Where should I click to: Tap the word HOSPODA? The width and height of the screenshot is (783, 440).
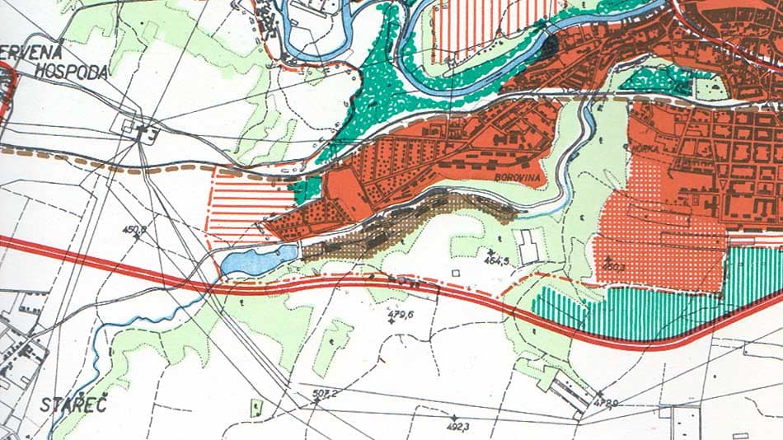72,73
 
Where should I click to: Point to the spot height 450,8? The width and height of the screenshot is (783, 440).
134,230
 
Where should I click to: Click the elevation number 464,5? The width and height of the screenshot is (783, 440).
497,261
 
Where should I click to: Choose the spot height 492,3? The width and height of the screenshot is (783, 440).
458,427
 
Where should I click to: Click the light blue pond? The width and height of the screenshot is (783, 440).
256,260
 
